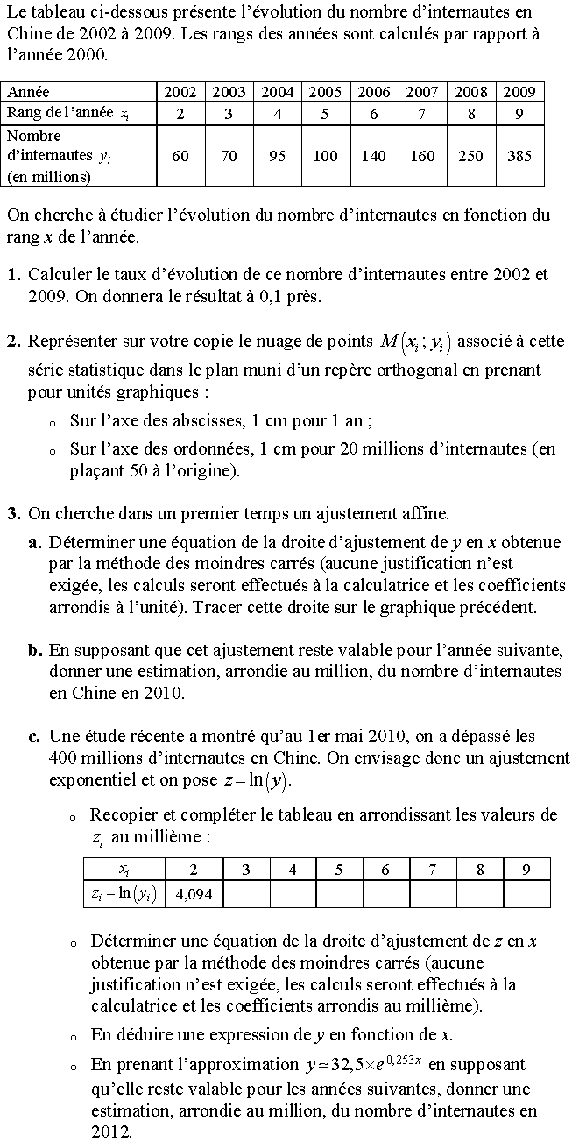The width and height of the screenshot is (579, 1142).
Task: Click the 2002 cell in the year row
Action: pos(180,92)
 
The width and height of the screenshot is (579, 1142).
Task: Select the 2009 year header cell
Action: pos(519,92)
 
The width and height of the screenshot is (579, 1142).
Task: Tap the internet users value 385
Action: pos(519,157)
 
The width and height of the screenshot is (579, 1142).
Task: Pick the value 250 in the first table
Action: pos(471,157)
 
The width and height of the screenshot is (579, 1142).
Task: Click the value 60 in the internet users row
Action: pos(180,157)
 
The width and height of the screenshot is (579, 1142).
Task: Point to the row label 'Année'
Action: pos(29,92)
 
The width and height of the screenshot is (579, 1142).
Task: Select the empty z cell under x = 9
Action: pos(526,894)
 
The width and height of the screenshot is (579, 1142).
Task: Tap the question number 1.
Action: pos(13,275)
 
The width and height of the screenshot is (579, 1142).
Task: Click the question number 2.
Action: pos(13,342)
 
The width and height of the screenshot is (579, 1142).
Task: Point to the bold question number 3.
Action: pos(13,514)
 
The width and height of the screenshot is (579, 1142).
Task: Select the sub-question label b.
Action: pos(34,651)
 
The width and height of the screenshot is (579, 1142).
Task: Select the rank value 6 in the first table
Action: pos(373,113)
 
